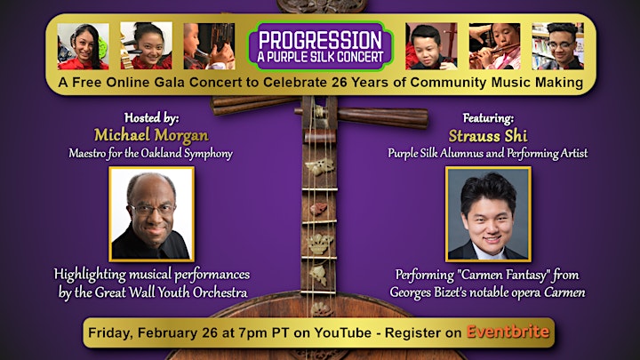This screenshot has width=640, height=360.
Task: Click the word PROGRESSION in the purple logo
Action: tap(320, 40)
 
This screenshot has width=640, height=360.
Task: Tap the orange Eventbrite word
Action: tap(508, 332)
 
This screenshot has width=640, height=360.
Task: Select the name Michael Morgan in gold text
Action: tap(151, 135)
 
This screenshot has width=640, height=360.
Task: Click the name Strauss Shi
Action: tap(488, 136)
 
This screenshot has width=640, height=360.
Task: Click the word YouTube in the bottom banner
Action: tap(343, 332)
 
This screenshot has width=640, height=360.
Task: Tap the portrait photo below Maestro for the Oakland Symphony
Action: tap(151, 214)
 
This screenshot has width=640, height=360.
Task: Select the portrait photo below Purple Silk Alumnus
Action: tap(488, 213)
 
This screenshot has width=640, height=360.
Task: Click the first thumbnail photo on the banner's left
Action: tap(84, 46)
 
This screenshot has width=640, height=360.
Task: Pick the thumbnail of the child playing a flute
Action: tap(495, 46)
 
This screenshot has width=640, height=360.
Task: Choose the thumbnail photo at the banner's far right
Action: tap(558, 46)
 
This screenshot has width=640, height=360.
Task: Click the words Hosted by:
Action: tap(151, 118)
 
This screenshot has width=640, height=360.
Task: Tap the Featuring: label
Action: tap(488, 118)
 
